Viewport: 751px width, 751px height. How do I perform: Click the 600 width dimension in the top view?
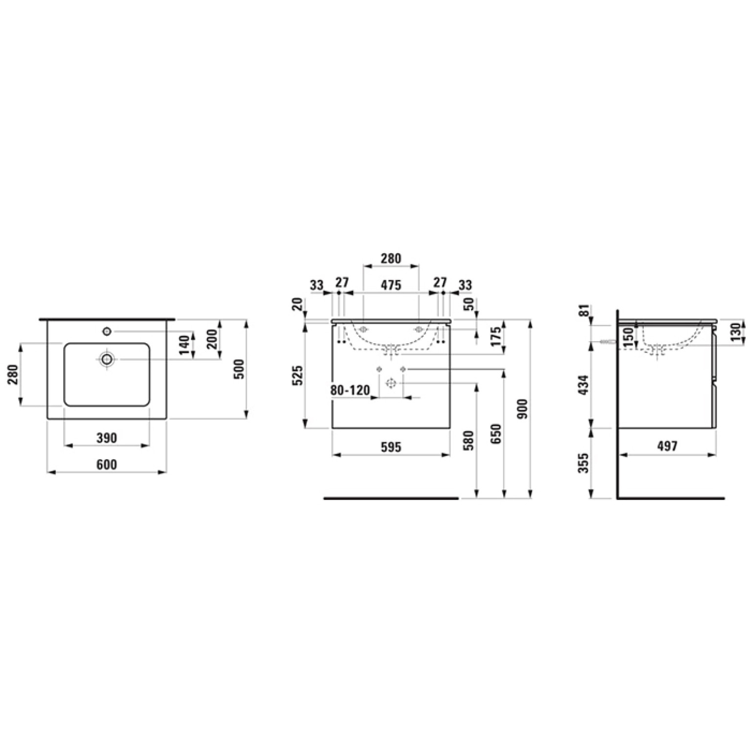(x=106, y=464)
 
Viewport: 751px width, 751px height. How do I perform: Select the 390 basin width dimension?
(x=106, y=437)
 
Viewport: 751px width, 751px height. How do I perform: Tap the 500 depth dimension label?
(x=239, y=368)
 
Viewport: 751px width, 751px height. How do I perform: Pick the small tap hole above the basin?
(x=107, y=331)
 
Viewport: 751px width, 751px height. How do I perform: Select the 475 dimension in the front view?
(x=391, y=284)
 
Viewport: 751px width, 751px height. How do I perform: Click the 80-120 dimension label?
(x=350, y=391)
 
